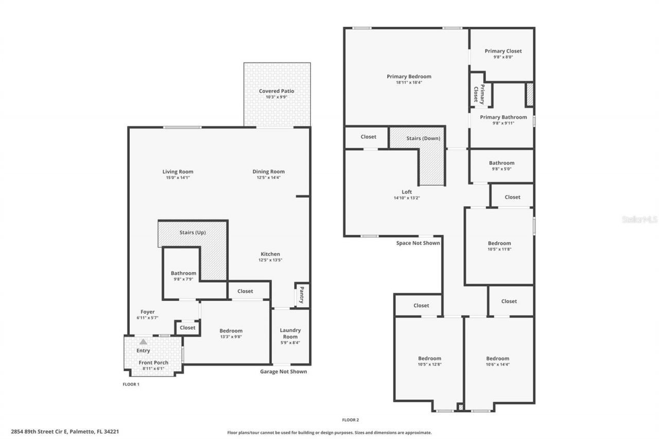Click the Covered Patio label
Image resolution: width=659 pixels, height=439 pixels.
point(276,91)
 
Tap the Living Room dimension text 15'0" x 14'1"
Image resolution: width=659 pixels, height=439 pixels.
point(178,178)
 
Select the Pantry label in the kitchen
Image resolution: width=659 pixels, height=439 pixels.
point(301,295)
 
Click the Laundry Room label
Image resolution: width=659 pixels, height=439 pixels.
point(290,333)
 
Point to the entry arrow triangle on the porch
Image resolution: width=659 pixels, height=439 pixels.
point(143,341)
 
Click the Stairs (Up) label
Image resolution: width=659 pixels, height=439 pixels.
point(193,233)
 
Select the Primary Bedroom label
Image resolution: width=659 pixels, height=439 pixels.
point(409,77)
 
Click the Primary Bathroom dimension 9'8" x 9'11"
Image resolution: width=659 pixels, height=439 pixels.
point(503,123)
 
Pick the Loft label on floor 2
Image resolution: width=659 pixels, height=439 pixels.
point(407,192)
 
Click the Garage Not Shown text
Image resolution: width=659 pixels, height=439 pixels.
point(283,372)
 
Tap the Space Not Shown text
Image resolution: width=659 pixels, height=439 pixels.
point(418,243)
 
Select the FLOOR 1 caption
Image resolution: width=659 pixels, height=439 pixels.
point(131,384)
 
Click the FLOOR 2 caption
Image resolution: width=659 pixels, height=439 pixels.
point(350,420)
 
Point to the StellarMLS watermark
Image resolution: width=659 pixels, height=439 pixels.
point(639,219)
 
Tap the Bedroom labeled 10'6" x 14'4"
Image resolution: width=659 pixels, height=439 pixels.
point(497,359)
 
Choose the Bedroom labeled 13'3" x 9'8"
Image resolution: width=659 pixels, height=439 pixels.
point(231,331)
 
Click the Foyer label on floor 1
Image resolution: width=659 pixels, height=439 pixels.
point(147,312)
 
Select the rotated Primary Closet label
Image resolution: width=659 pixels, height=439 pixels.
point(479,94)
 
